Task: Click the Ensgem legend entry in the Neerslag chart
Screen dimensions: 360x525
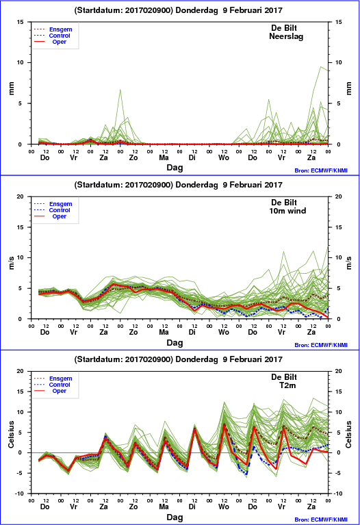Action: point(61,29)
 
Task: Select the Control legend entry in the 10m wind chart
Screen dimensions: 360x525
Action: point(60,210)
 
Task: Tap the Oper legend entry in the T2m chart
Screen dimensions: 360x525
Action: point(60,391)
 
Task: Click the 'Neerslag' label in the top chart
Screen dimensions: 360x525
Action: point(286,36)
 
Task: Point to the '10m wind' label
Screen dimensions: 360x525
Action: point(287,211)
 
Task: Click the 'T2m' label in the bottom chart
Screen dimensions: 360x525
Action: point(287,385)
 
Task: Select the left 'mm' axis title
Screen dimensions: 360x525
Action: point(12,88)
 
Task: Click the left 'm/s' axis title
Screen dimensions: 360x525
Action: point(12,263)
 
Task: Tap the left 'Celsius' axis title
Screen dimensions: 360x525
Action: point(12,434)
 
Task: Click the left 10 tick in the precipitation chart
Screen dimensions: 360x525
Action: point(21,62)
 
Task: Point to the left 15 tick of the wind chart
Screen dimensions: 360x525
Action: point(21,227)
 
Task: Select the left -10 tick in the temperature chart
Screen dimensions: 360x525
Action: point(20,494)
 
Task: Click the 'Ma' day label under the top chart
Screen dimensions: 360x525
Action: point(164,157)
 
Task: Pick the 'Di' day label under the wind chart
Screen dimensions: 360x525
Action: point(192,332)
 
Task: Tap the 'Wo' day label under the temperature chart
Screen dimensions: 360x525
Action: point(224,507)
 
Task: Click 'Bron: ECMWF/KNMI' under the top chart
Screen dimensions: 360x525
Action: point(321,170)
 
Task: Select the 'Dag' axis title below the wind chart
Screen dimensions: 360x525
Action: point(175,343)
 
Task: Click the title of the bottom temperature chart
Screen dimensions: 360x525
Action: point(178,359)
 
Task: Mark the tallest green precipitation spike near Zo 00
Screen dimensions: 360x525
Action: point(120,90)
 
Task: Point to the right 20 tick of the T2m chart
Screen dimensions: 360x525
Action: point(339,371)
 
